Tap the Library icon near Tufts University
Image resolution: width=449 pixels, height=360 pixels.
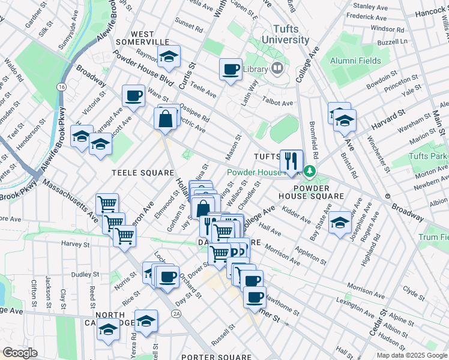pyautogui.click(x=277, y=68)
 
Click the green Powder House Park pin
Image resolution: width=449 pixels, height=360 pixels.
pyautogui.click(x=310, y=172)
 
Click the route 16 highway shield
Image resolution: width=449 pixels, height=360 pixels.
pyautogui.click(x=61, y=88)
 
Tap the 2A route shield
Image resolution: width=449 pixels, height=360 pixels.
pyautogui.click(x=176, y=313)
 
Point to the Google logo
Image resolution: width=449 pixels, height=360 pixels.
pyautogui.click(x=20, y=353)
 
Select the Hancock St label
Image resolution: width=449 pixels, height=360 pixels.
pyautogui.click(x=430, y=11)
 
